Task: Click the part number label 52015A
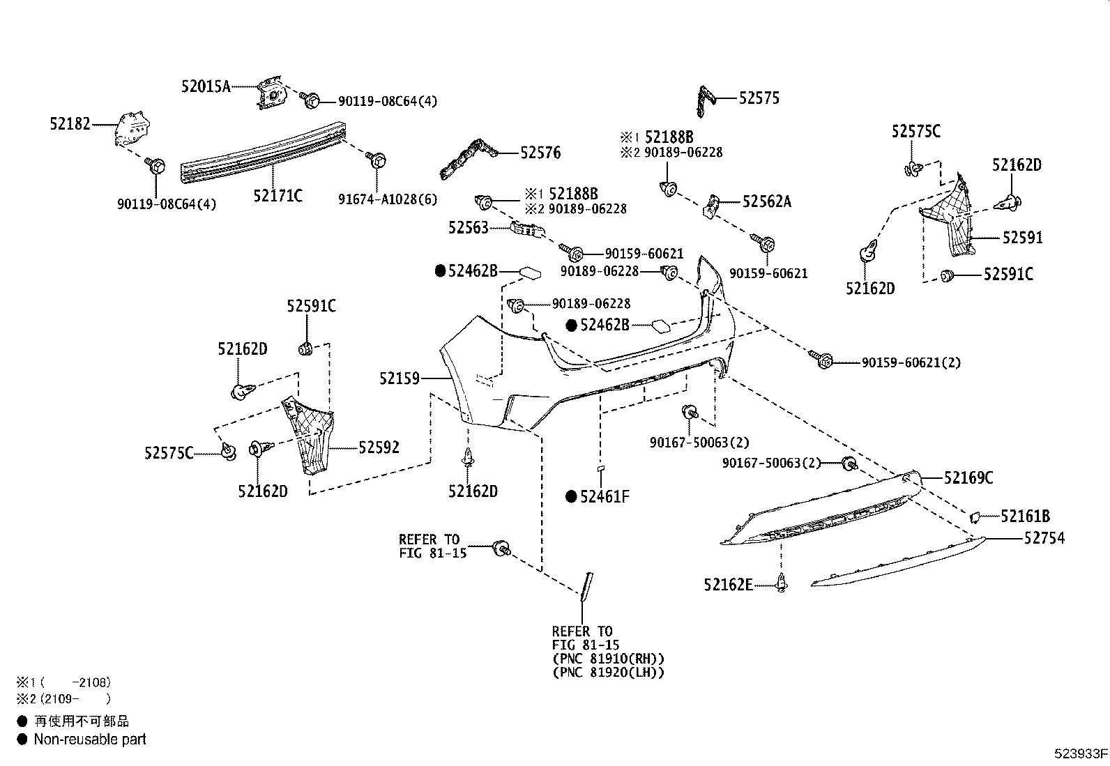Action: pyautogui.click(x=206, y=86)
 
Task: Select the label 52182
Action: pyautogui.click(x=70, y=124)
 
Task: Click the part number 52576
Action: pyautogui.click(x=540, y=153)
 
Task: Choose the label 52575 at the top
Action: pyautogui.click(x=759, y=98)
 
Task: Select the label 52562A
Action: pyautogui.click(x=767, y=201)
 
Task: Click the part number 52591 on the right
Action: pyautogui.click(x=1022, y=238)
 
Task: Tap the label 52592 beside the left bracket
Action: pyautogui.click(x=379, y=447)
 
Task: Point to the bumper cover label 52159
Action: pyautogui.click(x=400, y=378)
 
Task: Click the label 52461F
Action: pyautogui.click(x=605, y=497)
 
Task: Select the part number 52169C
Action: pyautogui.click(x=968, y=478)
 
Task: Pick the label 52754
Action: pyautogui.click(x=1044, y=538)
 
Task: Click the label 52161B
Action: pyautogui.click(x=1025, y=516)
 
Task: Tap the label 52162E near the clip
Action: pyautogui.click(x=728, y=585)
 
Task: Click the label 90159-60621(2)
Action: pyautogui.click(x=911, y=362)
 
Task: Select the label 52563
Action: pyautogui.click(x=469, y=227)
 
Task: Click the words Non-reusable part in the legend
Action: pyautogui.click(x=90, y=740)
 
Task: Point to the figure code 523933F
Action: pyautogui.click(x=1080, y=753)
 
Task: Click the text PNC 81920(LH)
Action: pyautogui.click(x=608, y=673)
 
